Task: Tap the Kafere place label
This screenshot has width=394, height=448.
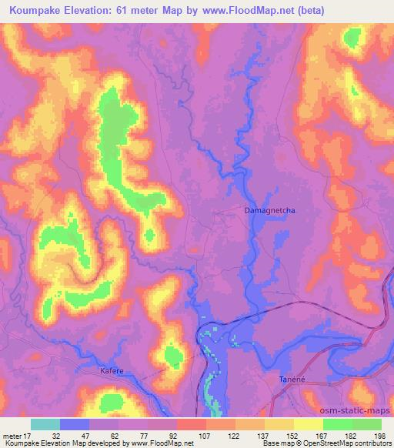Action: pyautogui.click(x=112, y=371)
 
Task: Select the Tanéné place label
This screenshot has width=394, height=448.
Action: pyautogui.click(x=292, y=379)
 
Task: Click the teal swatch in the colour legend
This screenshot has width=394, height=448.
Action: pyautogui.click(x=45, y=424)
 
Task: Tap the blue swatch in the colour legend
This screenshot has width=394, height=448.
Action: pyautogui.click(x=75, y=424)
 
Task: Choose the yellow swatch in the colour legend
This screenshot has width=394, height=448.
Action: pyautogui.click(x=309, y=424)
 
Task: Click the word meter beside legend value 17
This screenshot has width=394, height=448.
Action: pyautogui.click(x=11, y=436)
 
